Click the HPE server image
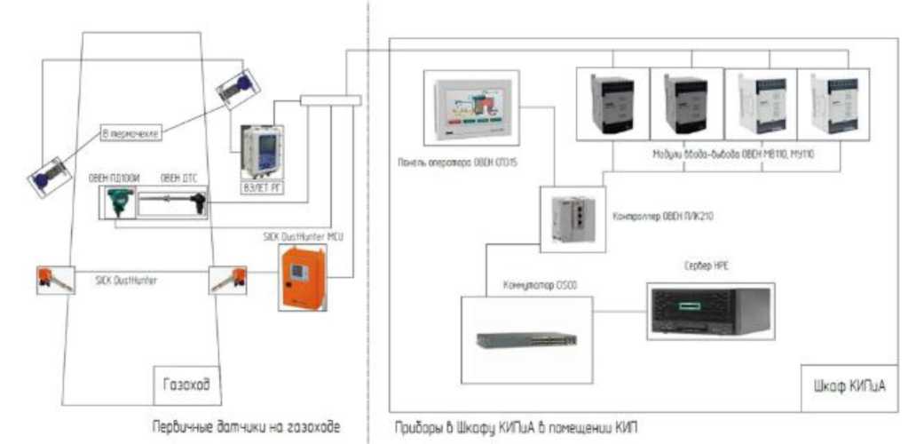711,313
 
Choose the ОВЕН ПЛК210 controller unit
572,216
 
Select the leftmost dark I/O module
612,103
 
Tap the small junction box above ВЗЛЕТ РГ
330,99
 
